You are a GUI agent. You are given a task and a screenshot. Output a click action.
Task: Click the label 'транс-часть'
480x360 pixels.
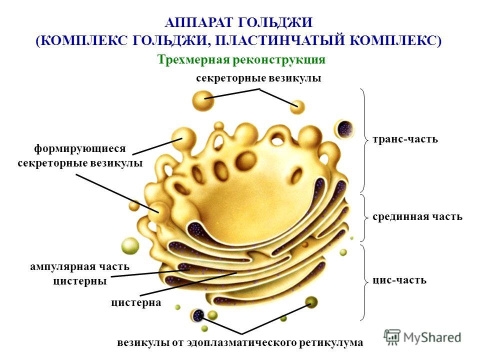(405, 139)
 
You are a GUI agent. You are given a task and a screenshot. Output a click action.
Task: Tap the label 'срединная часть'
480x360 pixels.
(417, 216)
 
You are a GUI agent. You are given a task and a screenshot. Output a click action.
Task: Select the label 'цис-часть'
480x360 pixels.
(399, 280)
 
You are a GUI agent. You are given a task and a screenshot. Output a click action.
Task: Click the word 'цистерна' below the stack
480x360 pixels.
(136, 302)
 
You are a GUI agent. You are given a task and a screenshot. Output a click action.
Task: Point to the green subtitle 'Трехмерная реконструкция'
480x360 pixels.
(241, 59)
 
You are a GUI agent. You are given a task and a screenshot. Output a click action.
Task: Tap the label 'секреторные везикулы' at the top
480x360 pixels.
(258, 78)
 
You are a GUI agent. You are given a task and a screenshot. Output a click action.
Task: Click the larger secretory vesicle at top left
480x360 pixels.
(203, 100)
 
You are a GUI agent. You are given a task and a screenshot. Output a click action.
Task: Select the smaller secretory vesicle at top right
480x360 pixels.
(297, 107)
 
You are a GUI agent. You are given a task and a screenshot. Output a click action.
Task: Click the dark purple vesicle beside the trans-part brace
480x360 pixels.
(344, 129)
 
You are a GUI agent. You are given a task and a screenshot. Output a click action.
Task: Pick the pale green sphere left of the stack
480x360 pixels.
(130, 245)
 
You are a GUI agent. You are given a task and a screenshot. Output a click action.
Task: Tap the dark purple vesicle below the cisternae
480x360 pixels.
(197, 315)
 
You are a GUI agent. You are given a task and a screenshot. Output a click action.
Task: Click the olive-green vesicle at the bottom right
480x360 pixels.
(311, 302)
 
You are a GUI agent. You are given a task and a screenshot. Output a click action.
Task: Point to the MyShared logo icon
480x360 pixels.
(392, 337)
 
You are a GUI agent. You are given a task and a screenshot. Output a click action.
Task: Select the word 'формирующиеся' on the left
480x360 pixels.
(80, 149)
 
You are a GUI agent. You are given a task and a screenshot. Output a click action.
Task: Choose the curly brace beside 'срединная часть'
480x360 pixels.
(363, 217)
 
